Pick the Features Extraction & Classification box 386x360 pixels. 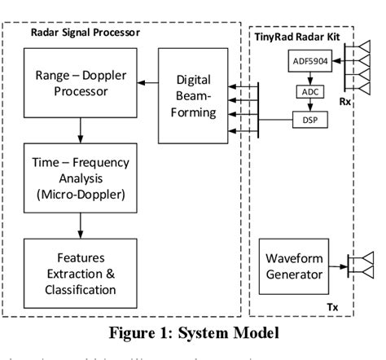(x=80, y=267)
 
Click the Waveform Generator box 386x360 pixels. (x=294, y=266)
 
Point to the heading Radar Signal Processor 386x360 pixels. (x=86, y=33)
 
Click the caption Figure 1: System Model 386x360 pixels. (x=192, y=332)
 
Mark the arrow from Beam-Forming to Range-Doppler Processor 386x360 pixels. (x=147, y=82)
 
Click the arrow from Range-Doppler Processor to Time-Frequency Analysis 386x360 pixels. (x=80, y=128)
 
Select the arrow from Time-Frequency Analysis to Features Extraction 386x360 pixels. (x=80, y=223)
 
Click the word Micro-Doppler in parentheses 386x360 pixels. (x=80, y=195)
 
